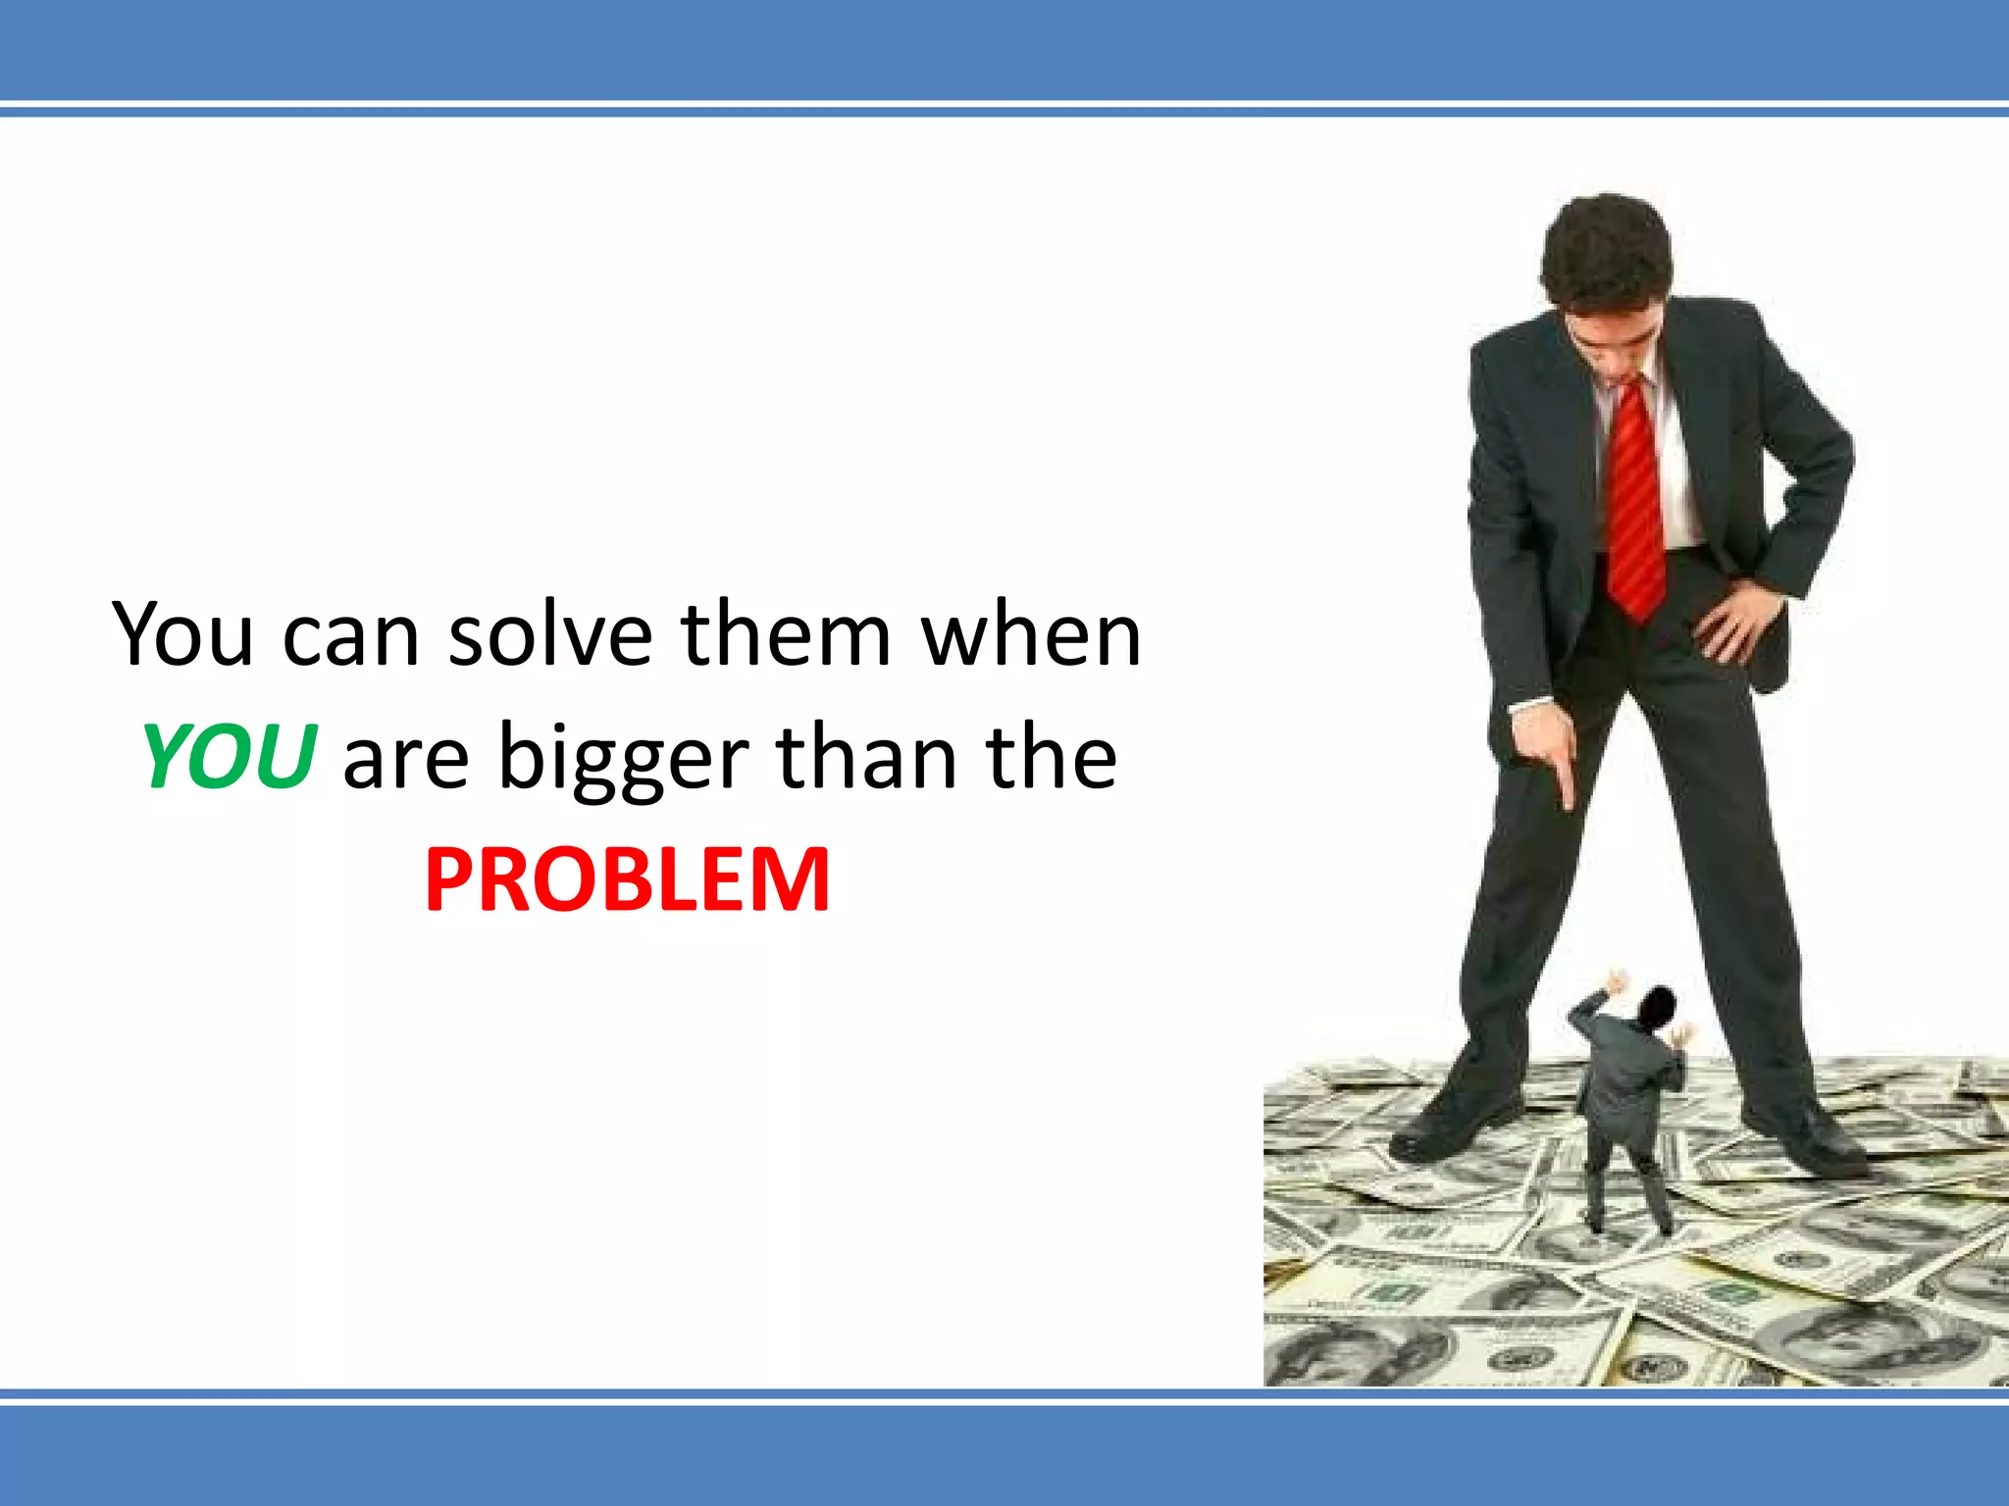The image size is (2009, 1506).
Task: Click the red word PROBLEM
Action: (x=628, y=879)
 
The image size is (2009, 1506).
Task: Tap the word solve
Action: (x=550, y=634)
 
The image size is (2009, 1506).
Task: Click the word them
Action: (x=786, y=634)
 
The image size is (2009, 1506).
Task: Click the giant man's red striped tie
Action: (x=1633, y=490)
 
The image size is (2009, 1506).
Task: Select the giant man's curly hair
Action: (x=1606, y=245)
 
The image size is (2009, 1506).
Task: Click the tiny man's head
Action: (x=1658, y=1005)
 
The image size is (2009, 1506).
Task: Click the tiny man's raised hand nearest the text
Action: (x=1614, y=980)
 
